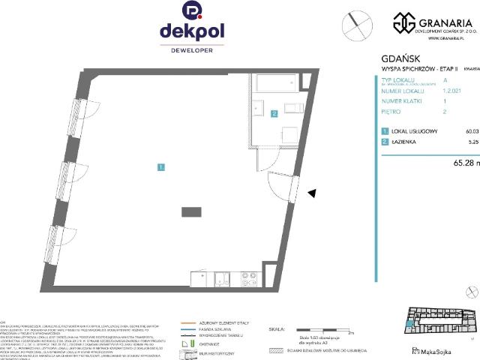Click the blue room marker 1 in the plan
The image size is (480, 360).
[x=161, y=166]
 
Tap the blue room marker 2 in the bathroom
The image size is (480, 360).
[x=274, y=114]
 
